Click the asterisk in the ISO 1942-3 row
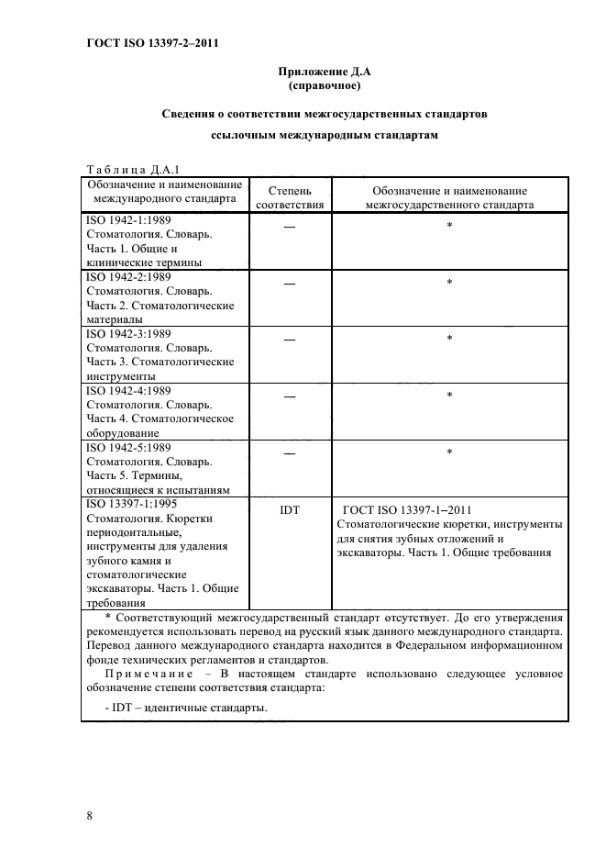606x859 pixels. [449, 340]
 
